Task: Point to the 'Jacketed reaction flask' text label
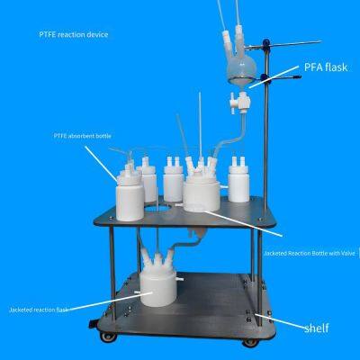click(41, 309)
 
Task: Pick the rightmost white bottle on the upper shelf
click(238, 180)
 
